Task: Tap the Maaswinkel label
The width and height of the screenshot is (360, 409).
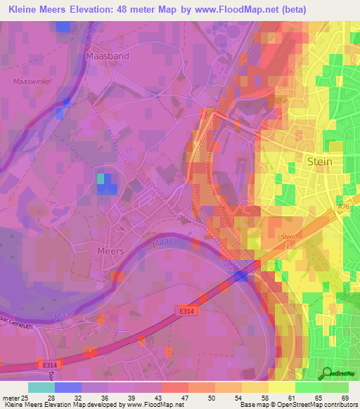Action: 30,82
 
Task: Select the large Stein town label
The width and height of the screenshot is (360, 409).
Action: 320,162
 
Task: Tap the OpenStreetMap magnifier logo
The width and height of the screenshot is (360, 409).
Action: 326,374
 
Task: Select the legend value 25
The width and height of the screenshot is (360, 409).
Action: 25,398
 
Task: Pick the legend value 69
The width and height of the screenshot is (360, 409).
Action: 345,398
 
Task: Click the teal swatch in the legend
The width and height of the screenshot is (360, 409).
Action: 41,387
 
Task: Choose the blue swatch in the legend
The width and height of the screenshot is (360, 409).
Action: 68,387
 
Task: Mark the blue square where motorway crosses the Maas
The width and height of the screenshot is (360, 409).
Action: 241,276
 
